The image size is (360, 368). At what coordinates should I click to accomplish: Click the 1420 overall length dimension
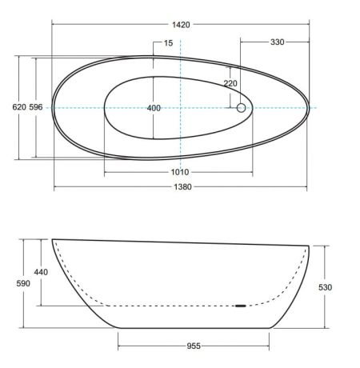click(x=181, y=25)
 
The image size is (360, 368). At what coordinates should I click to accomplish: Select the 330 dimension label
click(x=277, y=42)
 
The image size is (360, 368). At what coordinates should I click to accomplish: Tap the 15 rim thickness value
click(x=168, y=43)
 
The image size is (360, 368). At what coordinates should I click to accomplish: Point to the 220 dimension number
click(x=230, y=83)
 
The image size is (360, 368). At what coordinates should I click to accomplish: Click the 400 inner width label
click(x=154, y=108)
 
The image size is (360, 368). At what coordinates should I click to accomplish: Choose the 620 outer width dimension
click(x=19, y=107)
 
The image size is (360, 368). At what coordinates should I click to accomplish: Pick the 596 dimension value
click(x=36, y=107)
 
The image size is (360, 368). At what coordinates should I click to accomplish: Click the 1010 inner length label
click(x=180, y=172)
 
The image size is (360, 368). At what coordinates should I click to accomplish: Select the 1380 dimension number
click(x=182, y=186)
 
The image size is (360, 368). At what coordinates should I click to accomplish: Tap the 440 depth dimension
click(x=41, y=272)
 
